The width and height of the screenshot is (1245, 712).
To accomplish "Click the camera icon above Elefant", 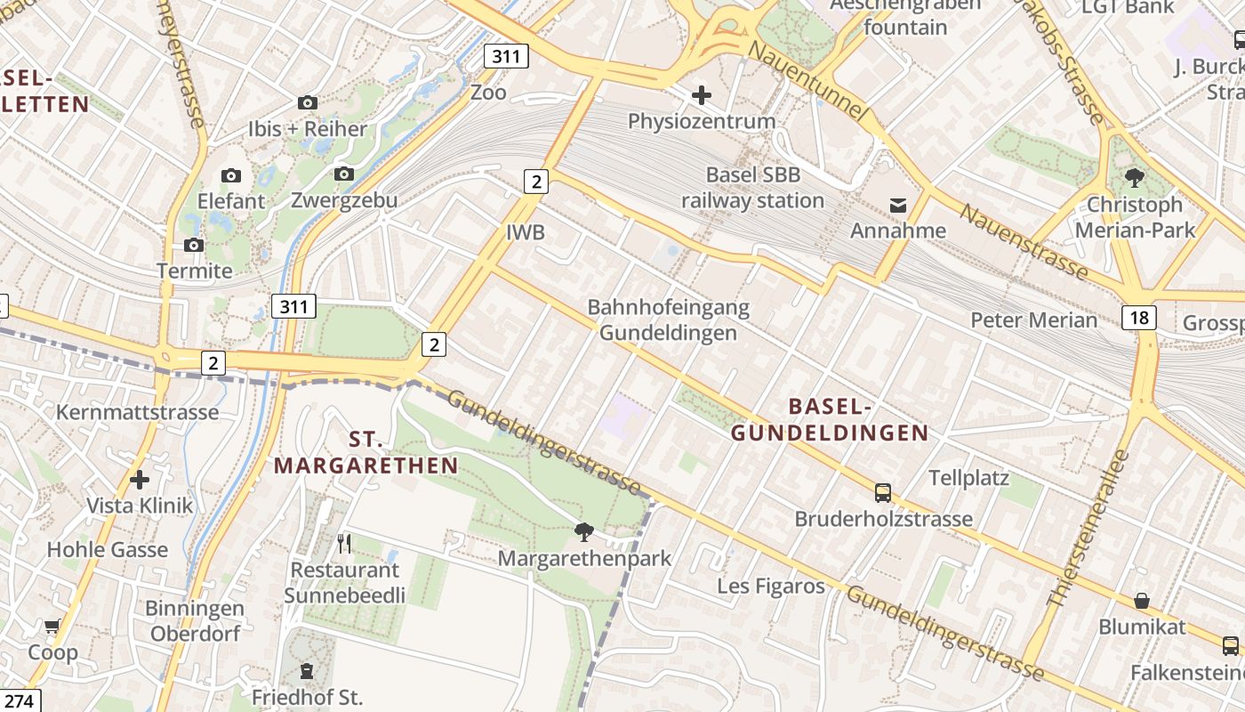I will point(231,175).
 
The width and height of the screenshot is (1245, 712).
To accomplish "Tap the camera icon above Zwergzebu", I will point(344,174).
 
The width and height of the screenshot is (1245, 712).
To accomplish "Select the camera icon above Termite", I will point(193,245).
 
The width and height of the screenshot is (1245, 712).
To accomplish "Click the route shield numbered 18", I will point(1139,318).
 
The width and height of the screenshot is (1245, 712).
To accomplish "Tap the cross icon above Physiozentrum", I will point(702,94).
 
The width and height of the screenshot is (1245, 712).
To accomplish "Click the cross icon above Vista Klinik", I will point(140,480).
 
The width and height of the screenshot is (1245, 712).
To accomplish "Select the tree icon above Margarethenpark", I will point(584,532).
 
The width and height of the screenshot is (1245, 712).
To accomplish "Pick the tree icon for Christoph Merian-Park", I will point(1135,178).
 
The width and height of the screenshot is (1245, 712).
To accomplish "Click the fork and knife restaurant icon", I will point(345,543).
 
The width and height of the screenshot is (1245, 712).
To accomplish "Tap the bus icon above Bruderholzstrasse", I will point(883,492).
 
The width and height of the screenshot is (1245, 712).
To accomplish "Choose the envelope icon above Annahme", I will point(898,206).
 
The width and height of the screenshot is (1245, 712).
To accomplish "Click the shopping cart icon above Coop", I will point(52,627).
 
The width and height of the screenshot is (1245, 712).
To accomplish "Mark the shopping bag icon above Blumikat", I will point(1142,601).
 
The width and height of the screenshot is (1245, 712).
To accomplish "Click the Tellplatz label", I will point(969,478).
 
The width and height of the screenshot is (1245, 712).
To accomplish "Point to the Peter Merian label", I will point(1033,320).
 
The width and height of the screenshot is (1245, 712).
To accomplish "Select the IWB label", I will point(525,233).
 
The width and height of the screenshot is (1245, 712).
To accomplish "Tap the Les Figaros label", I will point(771,587).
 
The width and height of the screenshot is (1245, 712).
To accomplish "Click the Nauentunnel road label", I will point(807,81).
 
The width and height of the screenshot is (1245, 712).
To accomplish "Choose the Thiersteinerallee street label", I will point(1088,529).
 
